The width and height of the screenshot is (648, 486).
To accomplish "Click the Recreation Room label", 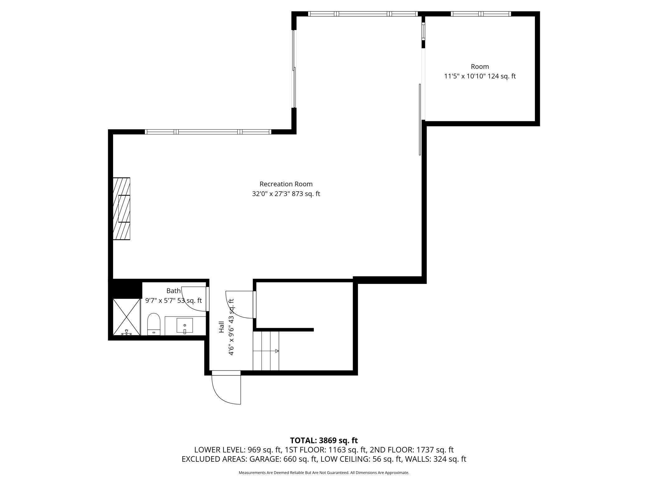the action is point(286,184).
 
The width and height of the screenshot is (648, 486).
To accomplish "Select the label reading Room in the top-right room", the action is point(480,67).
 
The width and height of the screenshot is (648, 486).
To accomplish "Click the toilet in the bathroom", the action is point(153,324).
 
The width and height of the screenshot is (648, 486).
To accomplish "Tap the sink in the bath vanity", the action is point(185,326).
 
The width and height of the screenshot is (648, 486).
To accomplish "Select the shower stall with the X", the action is point(126,317).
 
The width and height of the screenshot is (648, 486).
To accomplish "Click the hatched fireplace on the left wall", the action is point(121,209).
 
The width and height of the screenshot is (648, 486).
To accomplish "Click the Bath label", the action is point(174,291).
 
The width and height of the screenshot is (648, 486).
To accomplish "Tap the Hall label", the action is point(222,327).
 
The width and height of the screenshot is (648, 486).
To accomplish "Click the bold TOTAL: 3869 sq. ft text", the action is point(324,441).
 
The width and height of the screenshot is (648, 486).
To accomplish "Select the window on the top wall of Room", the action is point(481,14).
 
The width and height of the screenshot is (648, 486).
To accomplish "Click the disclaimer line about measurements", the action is point(324,473).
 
